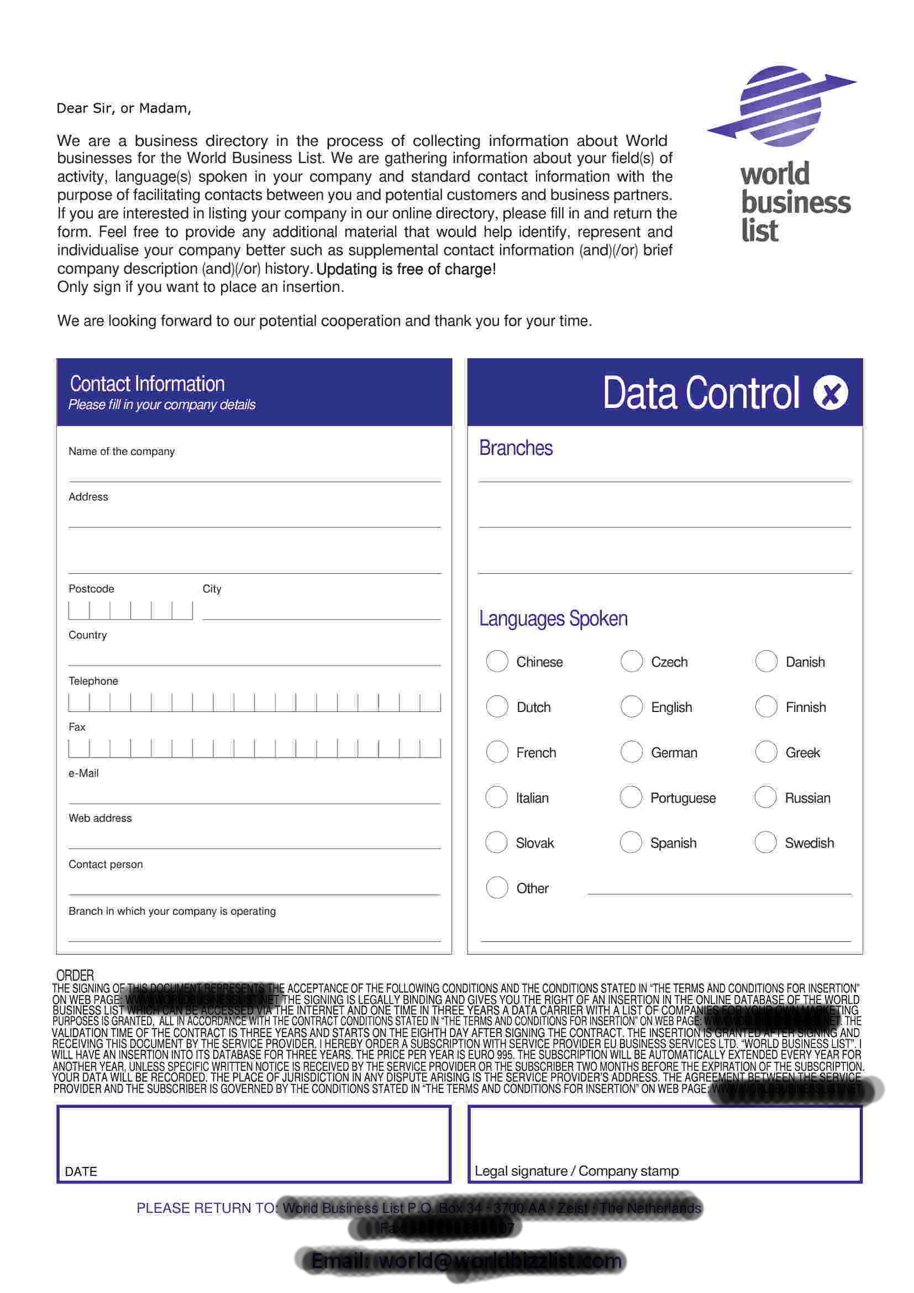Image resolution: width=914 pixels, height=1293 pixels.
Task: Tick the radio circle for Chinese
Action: click(497, 661)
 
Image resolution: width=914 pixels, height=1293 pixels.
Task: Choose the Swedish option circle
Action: click(765, 842)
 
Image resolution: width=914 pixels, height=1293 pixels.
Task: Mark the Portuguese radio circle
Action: click(631, 797)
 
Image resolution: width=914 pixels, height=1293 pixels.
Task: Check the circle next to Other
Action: click(497, 888)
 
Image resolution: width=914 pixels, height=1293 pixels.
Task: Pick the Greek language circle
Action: click(766, 752)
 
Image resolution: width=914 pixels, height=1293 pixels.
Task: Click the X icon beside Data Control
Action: click(831, 393)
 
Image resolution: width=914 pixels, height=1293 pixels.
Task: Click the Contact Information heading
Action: click(148, 384)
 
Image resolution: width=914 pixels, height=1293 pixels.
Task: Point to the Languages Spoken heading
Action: click(553, 619)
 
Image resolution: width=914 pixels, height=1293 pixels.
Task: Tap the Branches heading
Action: click(516, 448)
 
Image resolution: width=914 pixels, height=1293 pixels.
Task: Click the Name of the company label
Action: click(122, 452)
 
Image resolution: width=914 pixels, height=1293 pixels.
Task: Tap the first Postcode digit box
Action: click(79, 610)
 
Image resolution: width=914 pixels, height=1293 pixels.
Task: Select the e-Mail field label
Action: click(83, 773)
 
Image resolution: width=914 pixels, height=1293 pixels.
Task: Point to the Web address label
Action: click(100, 818)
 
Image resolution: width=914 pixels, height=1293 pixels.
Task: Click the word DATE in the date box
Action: click(81, 1171)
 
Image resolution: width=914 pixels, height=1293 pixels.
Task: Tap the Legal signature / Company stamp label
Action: click(576, 1171)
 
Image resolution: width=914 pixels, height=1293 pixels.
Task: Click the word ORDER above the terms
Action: click(75, 975)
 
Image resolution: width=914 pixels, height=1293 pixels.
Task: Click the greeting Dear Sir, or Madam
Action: click(124, 108)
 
